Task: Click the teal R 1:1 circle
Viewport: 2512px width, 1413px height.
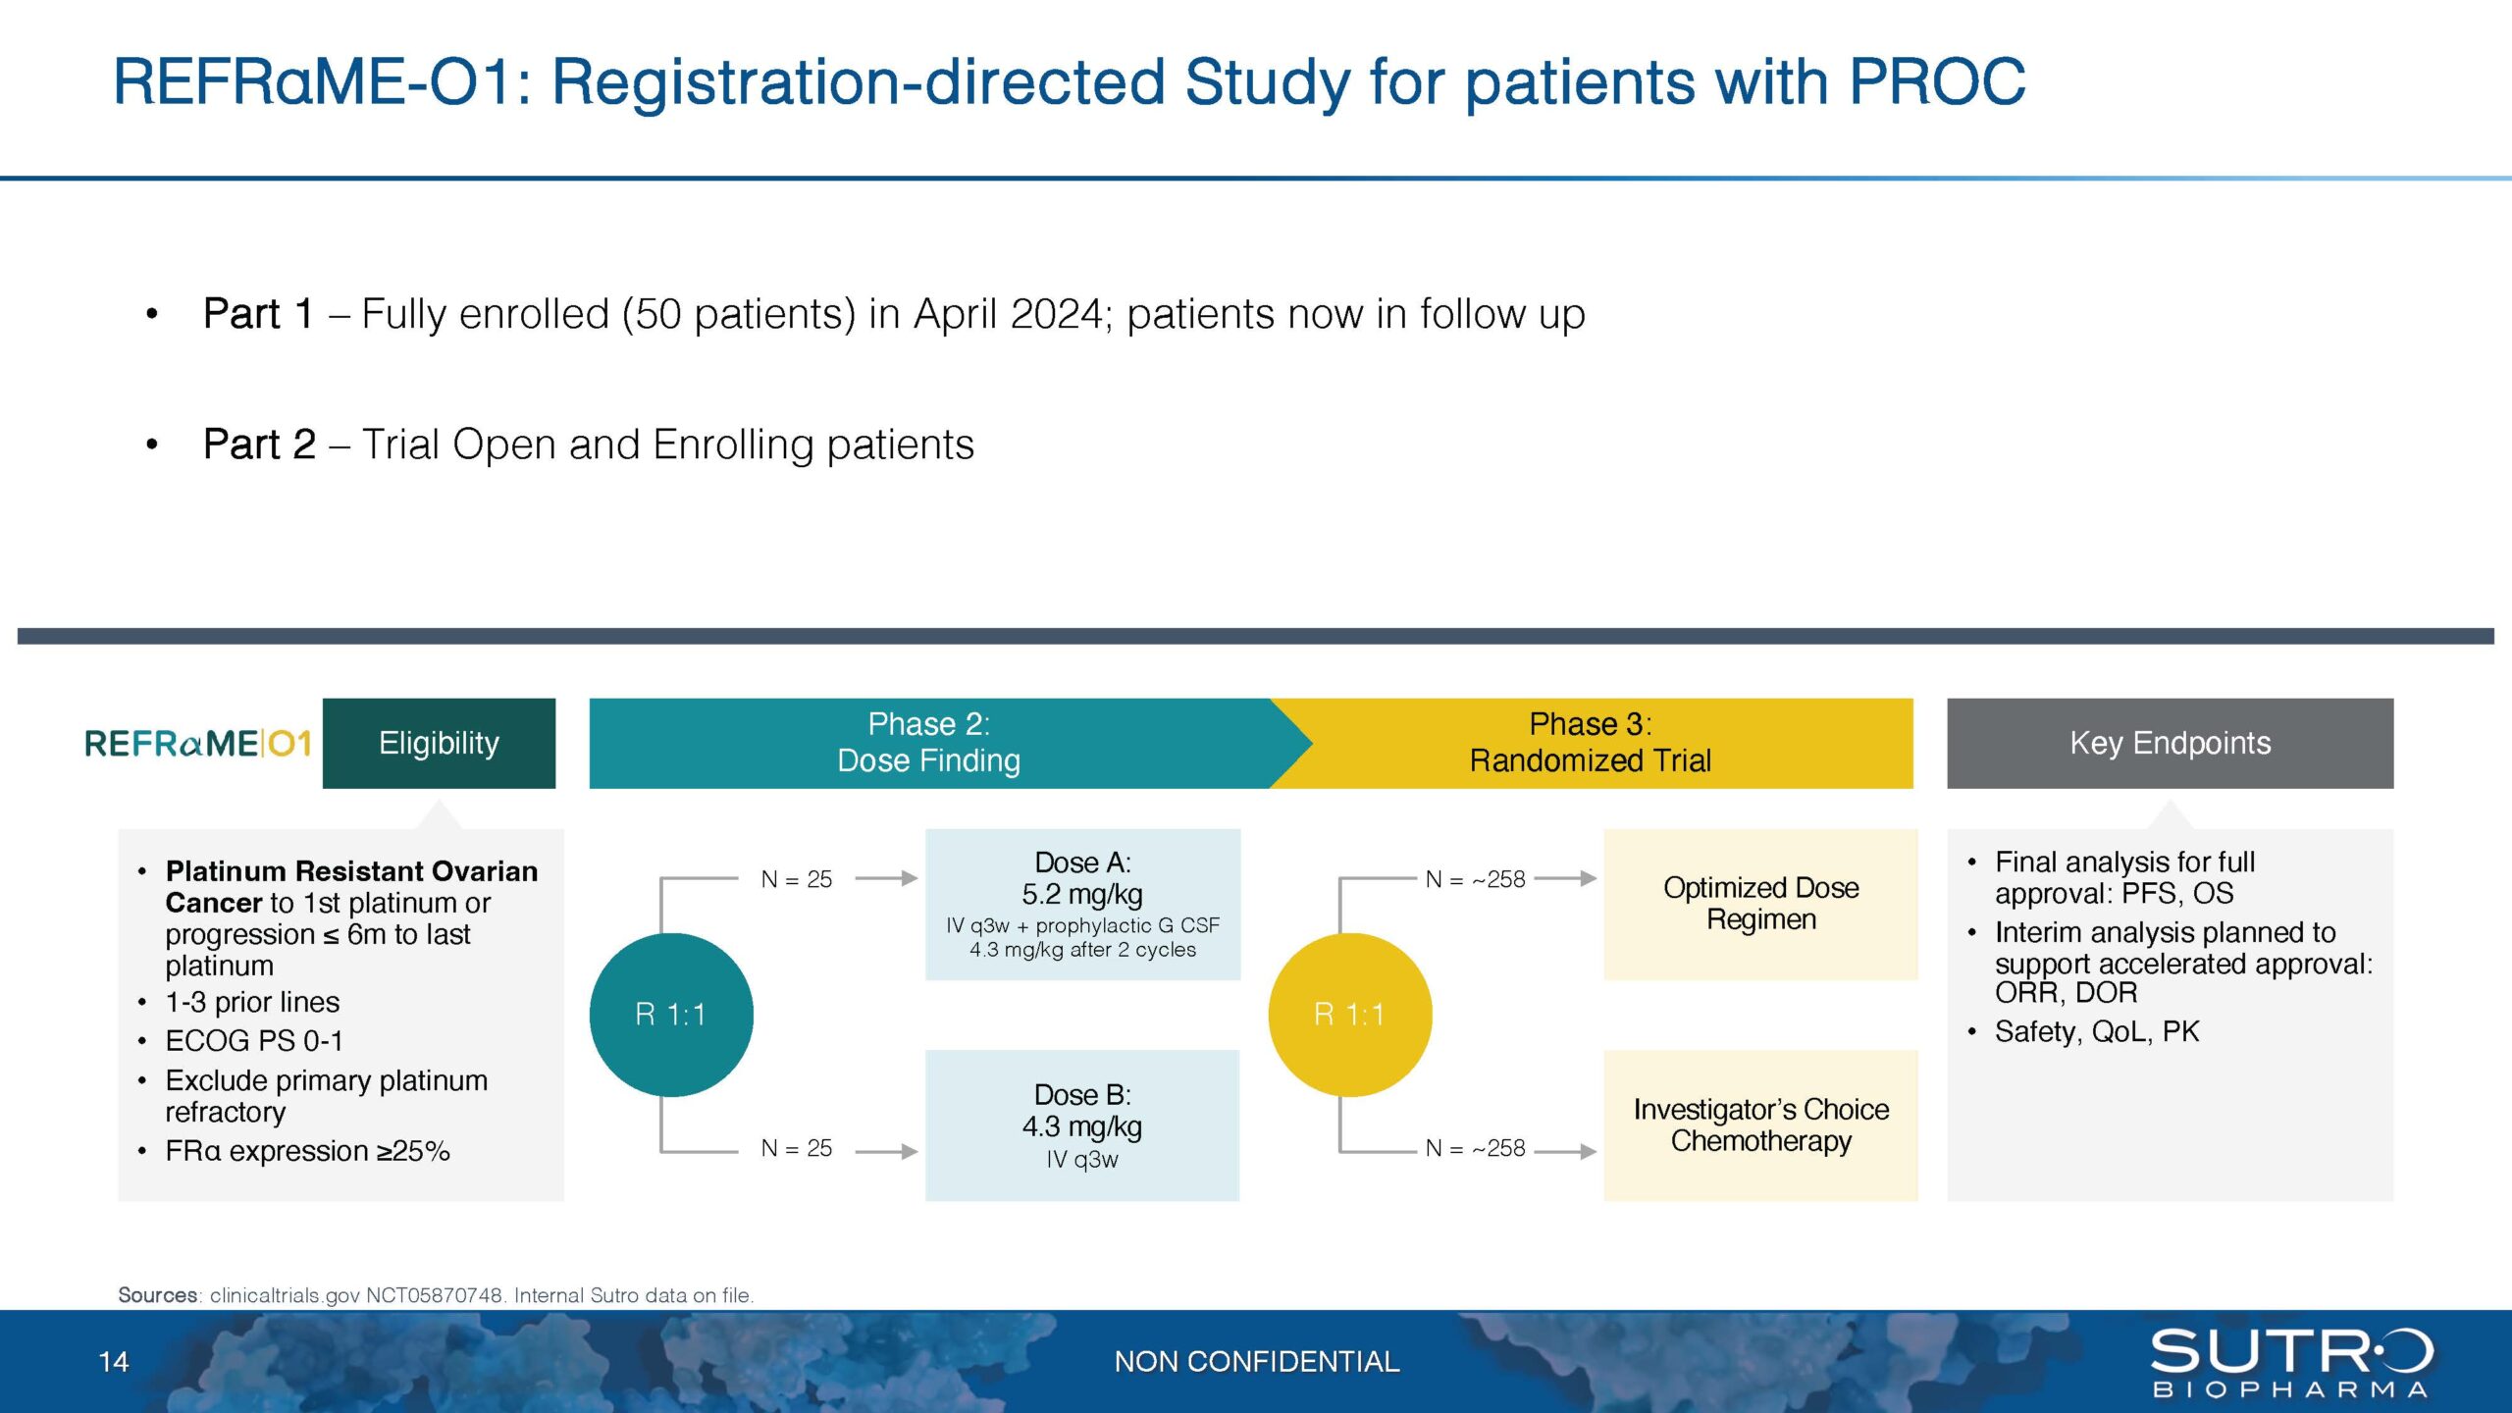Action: tap(671, 1014)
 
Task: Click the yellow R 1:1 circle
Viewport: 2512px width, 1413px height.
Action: tap(1349, 1014)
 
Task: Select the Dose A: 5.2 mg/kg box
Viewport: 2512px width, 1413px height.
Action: tap(1082, 904)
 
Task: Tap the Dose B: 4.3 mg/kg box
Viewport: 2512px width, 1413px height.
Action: tap(1082, 1125)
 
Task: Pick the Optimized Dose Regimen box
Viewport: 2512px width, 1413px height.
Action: tap(1760, 904)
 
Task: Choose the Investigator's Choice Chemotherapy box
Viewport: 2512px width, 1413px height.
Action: tap(1760, 1125)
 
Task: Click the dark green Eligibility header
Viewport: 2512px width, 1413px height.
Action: tap(439, 743)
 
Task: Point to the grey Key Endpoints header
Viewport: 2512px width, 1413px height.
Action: tap(2170, 743)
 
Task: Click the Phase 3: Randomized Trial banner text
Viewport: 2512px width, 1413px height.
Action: tap(1590, 743)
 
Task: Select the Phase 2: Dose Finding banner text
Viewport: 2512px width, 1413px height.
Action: tap(928, 743)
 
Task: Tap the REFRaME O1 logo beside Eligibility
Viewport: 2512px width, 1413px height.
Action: tap(198, 743)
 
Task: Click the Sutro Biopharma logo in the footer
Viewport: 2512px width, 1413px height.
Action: tap(2291, 1362)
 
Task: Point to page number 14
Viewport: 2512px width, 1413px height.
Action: tap(114, 1362)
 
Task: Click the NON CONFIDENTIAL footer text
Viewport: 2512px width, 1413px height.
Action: tap(1256, 1362)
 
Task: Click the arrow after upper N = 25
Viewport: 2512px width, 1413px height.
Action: tap(886, 879)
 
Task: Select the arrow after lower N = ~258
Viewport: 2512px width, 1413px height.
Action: tap(1566, 1150)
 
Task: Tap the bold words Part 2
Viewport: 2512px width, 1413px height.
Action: tap(259, 445)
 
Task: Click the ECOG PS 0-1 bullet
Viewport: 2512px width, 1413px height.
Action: tap(254, 1040)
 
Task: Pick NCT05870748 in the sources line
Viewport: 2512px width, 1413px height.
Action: tap(434, 1295)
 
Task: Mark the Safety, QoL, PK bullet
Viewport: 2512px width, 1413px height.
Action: tap(2096, 1031)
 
